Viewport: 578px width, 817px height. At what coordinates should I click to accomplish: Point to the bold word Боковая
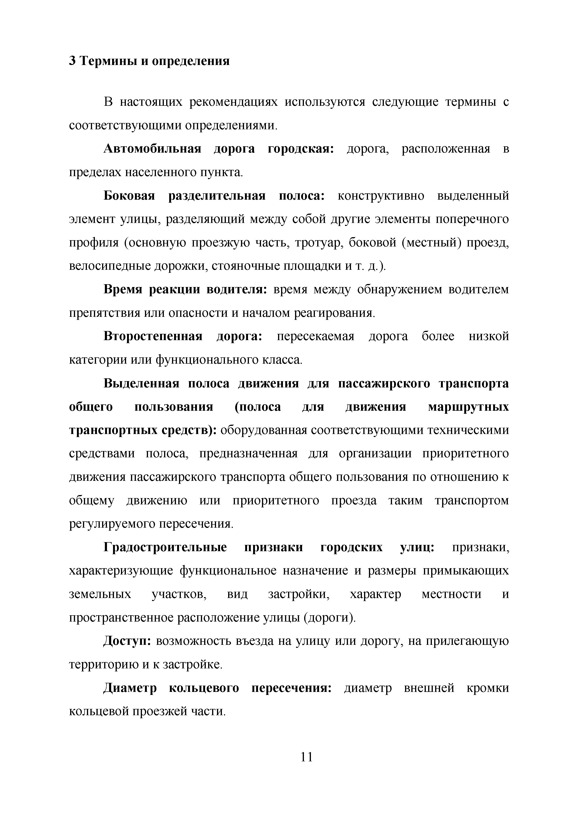coord(129,196)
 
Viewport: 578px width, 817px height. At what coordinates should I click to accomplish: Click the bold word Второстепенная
coord(153,336)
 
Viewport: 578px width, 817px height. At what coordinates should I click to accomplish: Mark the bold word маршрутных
coord(468,407)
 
